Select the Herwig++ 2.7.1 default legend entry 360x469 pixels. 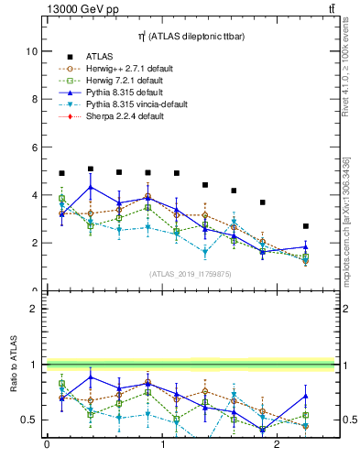[123, 69]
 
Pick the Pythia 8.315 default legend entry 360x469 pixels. [119, 93]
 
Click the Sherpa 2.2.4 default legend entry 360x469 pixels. [120, 116]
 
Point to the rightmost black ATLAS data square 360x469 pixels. [306, 226]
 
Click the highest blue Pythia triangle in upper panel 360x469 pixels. [91, 188]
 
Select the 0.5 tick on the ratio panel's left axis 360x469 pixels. [30, 420]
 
